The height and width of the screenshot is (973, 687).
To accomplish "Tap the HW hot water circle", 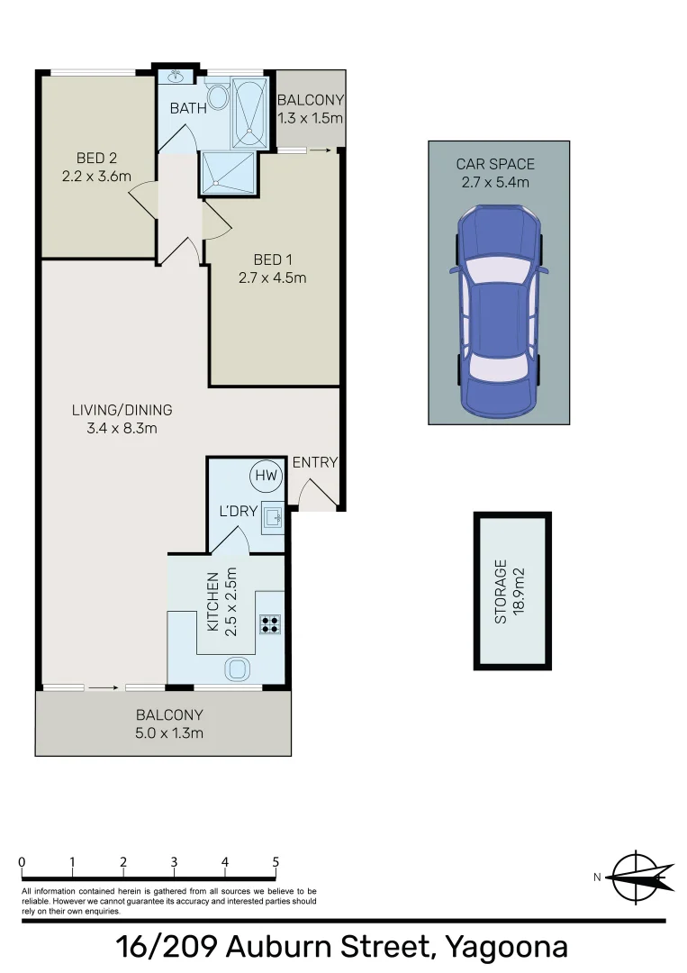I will (x=266, y=475).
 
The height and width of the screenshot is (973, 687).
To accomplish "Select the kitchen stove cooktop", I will (x=270, y=623).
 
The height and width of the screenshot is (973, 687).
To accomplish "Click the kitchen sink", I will (x=237, y=668).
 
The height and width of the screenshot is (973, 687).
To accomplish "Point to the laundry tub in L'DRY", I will (x=273, y=515).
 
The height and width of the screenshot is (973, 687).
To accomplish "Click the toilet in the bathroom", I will (x=217, y=96).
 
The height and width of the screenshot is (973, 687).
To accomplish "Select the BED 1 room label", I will (x=272, y=261).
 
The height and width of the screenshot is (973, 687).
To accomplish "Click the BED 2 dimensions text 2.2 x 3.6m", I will (x=95, y=177).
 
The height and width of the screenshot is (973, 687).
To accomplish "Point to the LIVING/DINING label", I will (x=122, y=410).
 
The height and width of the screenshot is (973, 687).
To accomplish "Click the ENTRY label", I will (x=314, y=462).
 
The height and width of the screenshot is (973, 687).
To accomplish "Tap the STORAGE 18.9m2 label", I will (x=511, y=592).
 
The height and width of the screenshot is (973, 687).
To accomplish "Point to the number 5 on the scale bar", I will (x=276, y=862).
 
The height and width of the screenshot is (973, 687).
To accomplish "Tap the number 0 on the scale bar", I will (x=22, y=862).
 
